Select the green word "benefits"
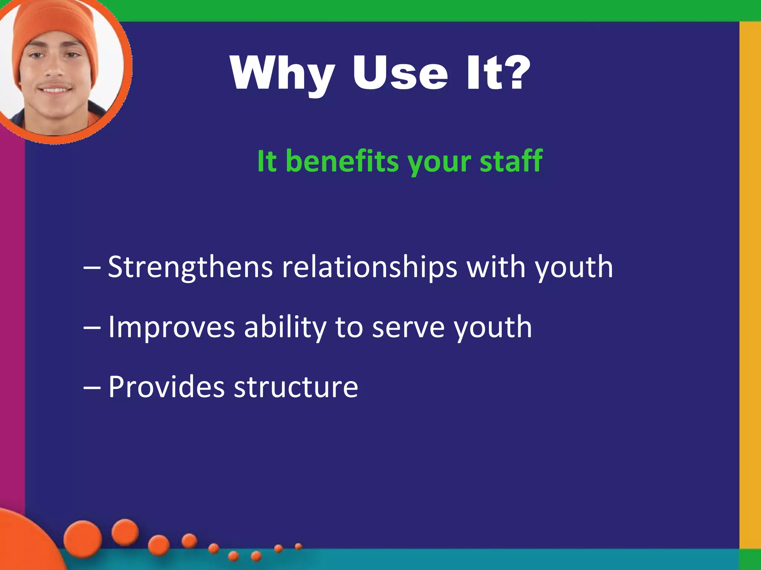pos(342,161)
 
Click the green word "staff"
pos(511,161)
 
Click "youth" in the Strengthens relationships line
pos(574,268)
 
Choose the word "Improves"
pos(171,327)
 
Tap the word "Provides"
pos(166,387)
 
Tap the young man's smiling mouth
pos(55,89)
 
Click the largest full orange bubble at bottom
pos(82,539)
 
